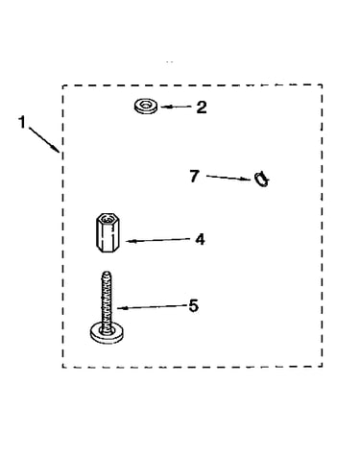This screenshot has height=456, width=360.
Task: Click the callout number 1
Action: pos(22,122)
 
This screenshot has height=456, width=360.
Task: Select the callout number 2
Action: pos(202,108)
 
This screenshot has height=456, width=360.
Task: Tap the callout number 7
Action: pos(194,177)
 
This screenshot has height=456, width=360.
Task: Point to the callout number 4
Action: pos(200,239)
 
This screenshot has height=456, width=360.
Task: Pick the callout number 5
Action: pos(194,306)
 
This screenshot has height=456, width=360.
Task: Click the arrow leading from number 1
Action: pos(44,140)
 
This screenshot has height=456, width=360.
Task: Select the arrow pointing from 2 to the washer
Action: pos(176,107)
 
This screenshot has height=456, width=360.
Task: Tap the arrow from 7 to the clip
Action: pos(228,178)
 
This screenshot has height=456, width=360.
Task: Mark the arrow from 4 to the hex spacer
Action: pos(158,240)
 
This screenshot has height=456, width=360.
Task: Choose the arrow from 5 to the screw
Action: pos(152,307)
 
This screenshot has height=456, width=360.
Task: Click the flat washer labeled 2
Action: pos(146,106)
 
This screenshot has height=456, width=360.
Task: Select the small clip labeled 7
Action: pos(261,180)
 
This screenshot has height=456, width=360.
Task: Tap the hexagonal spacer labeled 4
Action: pos(108,232)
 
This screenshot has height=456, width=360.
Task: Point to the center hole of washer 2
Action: pos(146,104)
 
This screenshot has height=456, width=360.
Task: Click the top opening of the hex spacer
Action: pos(108,219)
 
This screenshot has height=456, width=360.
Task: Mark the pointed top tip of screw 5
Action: pos(108,273)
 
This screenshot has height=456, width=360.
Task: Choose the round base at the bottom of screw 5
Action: pos(108,333)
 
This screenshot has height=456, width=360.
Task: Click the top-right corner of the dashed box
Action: pos(322,84)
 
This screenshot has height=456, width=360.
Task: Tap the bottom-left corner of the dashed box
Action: pos(62,367)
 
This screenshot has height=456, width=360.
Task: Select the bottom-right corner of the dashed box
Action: pos(322,367)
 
